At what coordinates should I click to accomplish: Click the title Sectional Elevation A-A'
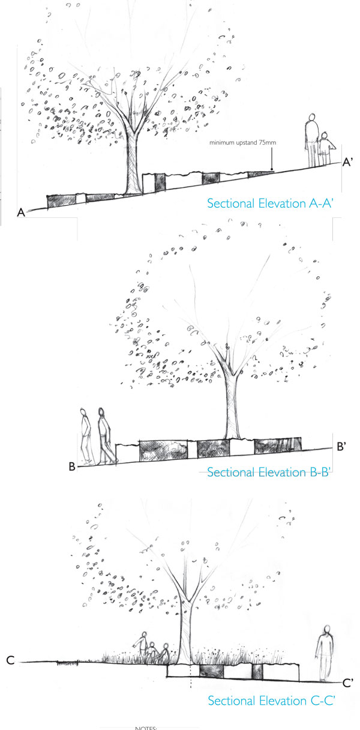click(x=270, y=204)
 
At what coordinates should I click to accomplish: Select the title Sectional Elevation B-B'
click(x=269, y=472)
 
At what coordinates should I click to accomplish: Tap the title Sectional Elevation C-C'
click(x=271, y=701)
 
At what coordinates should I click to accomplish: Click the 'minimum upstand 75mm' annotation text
click(x=243, y=142)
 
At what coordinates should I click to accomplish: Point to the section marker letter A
click(x=21, y=213)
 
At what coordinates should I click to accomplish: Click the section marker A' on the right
click(x=347, y=162)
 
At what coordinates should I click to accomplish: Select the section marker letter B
click(x=72, y=466)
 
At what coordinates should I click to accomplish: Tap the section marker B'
click(x=341, y=446)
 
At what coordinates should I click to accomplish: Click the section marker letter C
click(x=10, y=660)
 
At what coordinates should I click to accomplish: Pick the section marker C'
click(x=347, y=683)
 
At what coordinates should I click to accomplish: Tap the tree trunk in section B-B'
click(x=232, y=408)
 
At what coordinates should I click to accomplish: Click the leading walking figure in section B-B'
click(x=106, y=436)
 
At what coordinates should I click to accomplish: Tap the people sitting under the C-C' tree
click(x=151, y=649)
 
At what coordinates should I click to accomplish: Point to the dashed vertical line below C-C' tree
click(x=191, y=676)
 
